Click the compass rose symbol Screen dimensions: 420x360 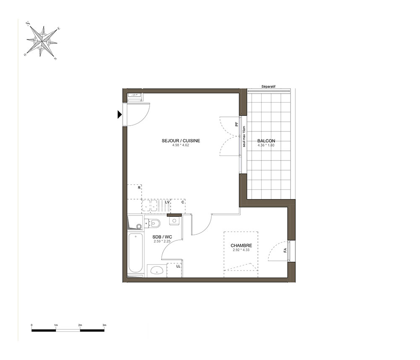coord(42,41)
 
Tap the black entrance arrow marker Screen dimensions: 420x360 coord(119,115)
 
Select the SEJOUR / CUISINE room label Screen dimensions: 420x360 coord(181,141)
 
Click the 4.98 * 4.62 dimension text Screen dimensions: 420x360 coord(181,145)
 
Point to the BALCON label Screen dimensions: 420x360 coord(266,141)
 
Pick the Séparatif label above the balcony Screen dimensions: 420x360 coord(268,87)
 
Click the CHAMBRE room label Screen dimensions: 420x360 coord(241,245)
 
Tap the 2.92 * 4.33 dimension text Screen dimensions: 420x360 coord(241,250)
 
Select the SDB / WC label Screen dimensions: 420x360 coord(162,237)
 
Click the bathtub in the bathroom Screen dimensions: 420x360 coord(135,253)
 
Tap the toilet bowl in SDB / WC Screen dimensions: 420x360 coord(155,223)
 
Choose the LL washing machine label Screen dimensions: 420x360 coord(178,266)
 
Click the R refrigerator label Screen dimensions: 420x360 coord(139,188)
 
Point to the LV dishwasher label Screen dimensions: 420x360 coord(168,202)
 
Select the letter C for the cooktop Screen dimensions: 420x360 coord(183,202)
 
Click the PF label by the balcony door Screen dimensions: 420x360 coord(236,124)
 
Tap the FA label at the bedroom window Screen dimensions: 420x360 coord(285,250)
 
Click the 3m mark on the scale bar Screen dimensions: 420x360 coord(105,325)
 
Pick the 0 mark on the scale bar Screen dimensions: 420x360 coord(31,325)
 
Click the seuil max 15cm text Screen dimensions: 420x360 coord(244,137)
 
